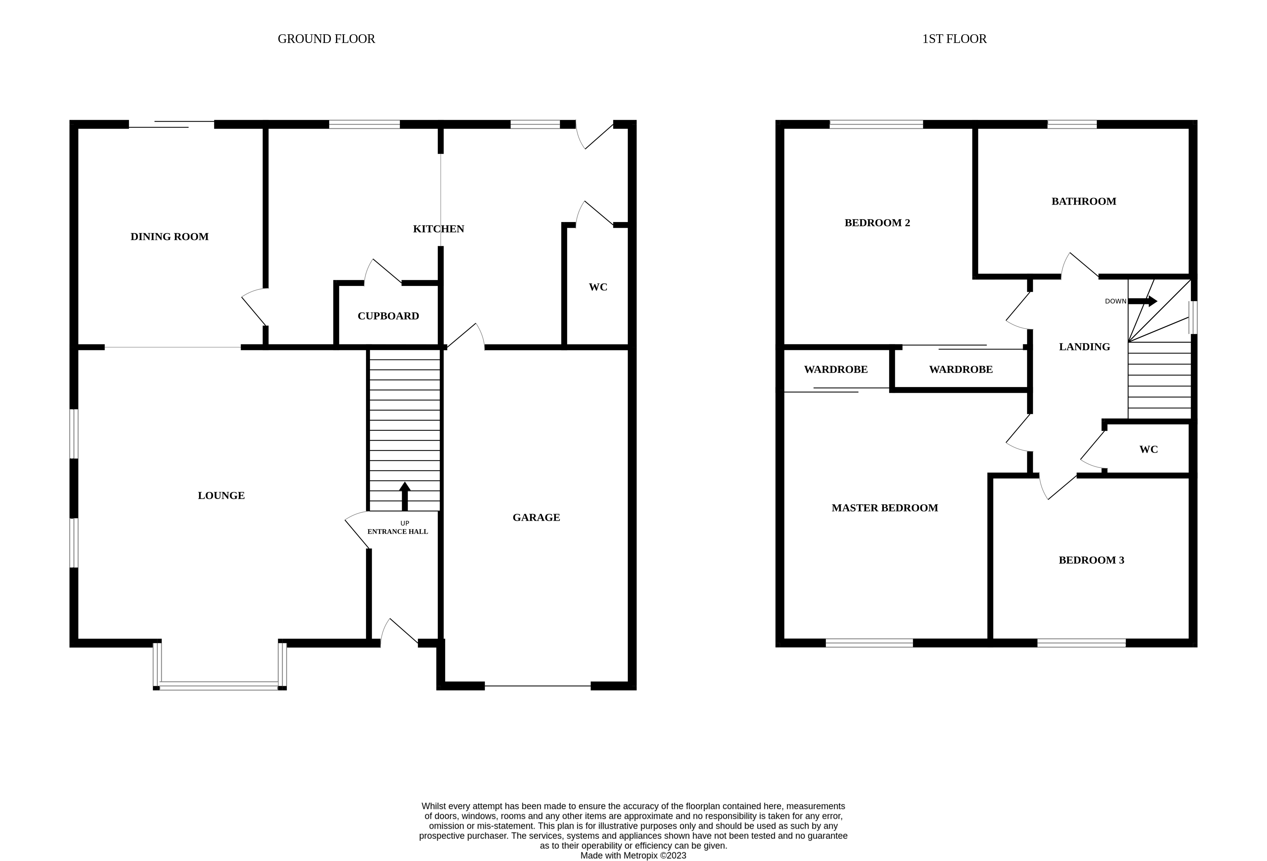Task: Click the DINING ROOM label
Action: point(169,236)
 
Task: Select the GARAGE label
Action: point(536,517)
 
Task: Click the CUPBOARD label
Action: point(388,316)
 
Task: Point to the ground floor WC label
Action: point(598,287)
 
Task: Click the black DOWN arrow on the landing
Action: point(1143,301)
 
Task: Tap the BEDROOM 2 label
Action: point(877,222)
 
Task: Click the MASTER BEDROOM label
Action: point(884,508)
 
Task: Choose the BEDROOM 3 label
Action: point(1091,560)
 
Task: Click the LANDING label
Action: point(1084,347)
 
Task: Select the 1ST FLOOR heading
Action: point(954,39)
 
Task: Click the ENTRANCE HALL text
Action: point(397,532)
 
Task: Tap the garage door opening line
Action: point(538,686)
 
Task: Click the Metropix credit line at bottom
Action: point(633,856)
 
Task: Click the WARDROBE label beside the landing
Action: point(961,369)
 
